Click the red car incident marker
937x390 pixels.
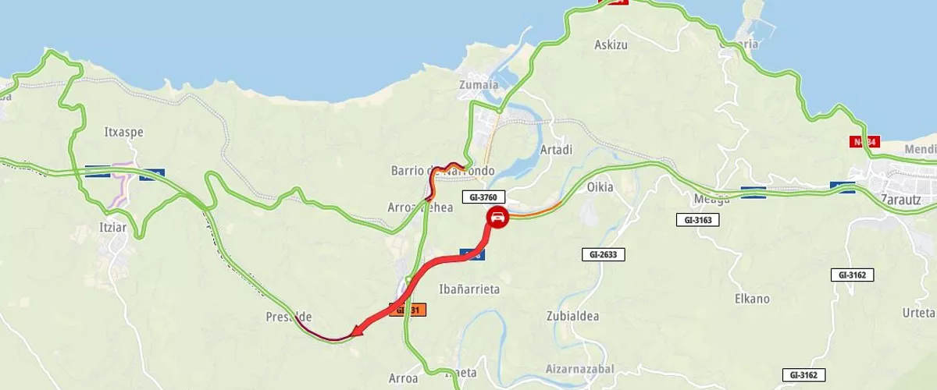click(x=497, y=218)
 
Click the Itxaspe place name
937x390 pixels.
click(x=123, y=132)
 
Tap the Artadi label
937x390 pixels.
click(x=556, y=149)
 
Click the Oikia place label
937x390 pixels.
click(x=600, y=187)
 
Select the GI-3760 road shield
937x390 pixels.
click(x=485, y=197)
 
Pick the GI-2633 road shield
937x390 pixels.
click(x=604, y=254)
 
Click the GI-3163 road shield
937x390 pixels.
click(x=697, y=220)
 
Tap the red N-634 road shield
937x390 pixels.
click(x=864, y=142)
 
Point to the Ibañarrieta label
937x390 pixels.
click(x=469, y=289)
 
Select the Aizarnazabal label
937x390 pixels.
click(x=579, y=368)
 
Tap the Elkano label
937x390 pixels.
click(x=752, y=299)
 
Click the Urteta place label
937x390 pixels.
click(x=917, y=313)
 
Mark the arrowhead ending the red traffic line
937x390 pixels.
click(x=357, y=331)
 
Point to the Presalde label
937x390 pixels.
click(x=289, y=317)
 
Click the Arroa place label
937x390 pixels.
click(x=404, y=378)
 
